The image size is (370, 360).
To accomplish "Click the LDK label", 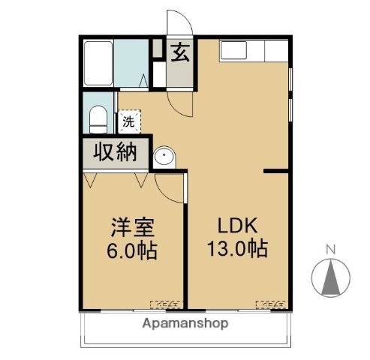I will point(238,226).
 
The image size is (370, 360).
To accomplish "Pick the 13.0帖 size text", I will point(238,248).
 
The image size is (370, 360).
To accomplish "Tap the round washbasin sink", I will point(164,156).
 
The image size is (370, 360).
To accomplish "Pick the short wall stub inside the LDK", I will point(275,172).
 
